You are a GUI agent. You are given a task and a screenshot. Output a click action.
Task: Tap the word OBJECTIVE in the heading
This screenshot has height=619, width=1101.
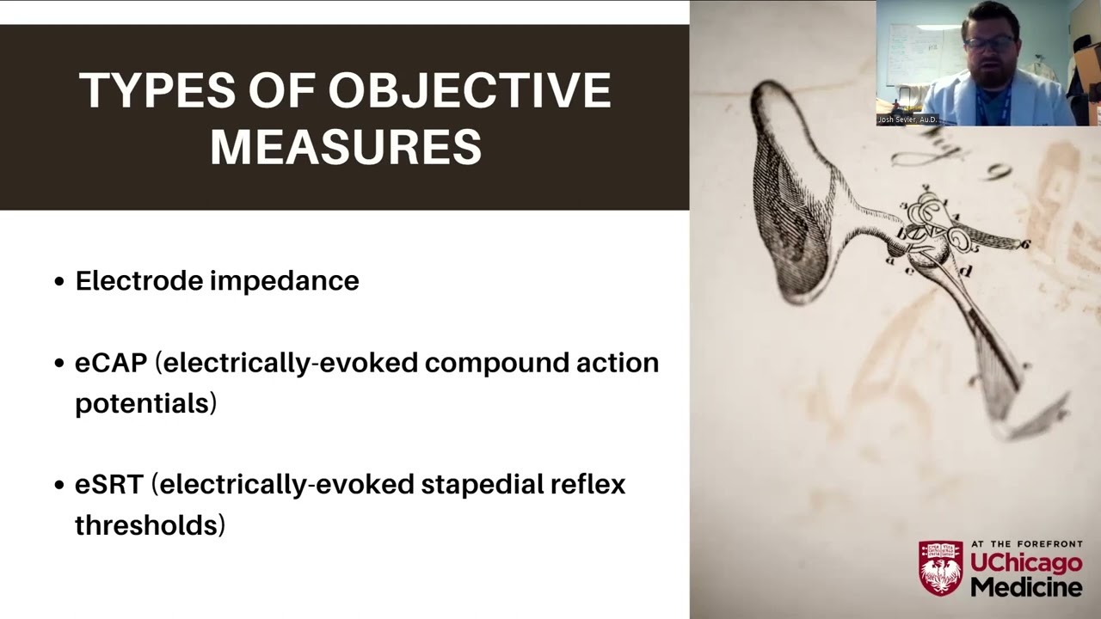tap(470, 91)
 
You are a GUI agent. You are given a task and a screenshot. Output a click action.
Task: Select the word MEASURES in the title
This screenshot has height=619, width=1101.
tap(346, 147)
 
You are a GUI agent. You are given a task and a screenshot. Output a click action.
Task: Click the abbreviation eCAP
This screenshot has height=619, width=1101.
tap(111, 363)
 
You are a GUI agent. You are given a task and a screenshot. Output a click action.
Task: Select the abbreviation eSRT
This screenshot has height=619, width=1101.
tap(108, 485)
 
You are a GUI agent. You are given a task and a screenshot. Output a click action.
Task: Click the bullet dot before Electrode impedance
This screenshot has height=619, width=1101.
tap(59, 281)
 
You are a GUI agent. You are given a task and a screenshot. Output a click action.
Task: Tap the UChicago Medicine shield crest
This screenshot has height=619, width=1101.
tap(940, 567)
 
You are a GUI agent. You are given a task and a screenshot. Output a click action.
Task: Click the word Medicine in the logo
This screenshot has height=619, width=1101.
tap(1026, 588)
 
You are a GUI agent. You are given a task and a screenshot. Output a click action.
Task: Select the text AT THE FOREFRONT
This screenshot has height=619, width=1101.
tap(1026, 544)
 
